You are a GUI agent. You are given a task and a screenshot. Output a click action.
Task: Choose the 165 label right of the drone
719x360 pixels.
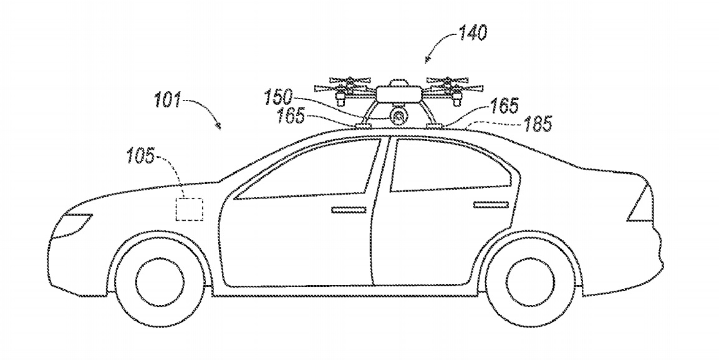504,105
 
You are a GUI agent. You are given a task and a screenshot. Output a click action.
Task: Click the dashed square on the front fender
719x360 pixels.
188,209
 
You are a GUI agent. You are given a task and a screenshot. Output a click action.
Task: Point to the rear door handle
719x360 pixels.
491,204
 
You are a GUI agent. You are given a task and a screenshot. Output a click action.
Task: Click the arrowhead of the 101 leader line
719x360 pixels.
218,126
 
